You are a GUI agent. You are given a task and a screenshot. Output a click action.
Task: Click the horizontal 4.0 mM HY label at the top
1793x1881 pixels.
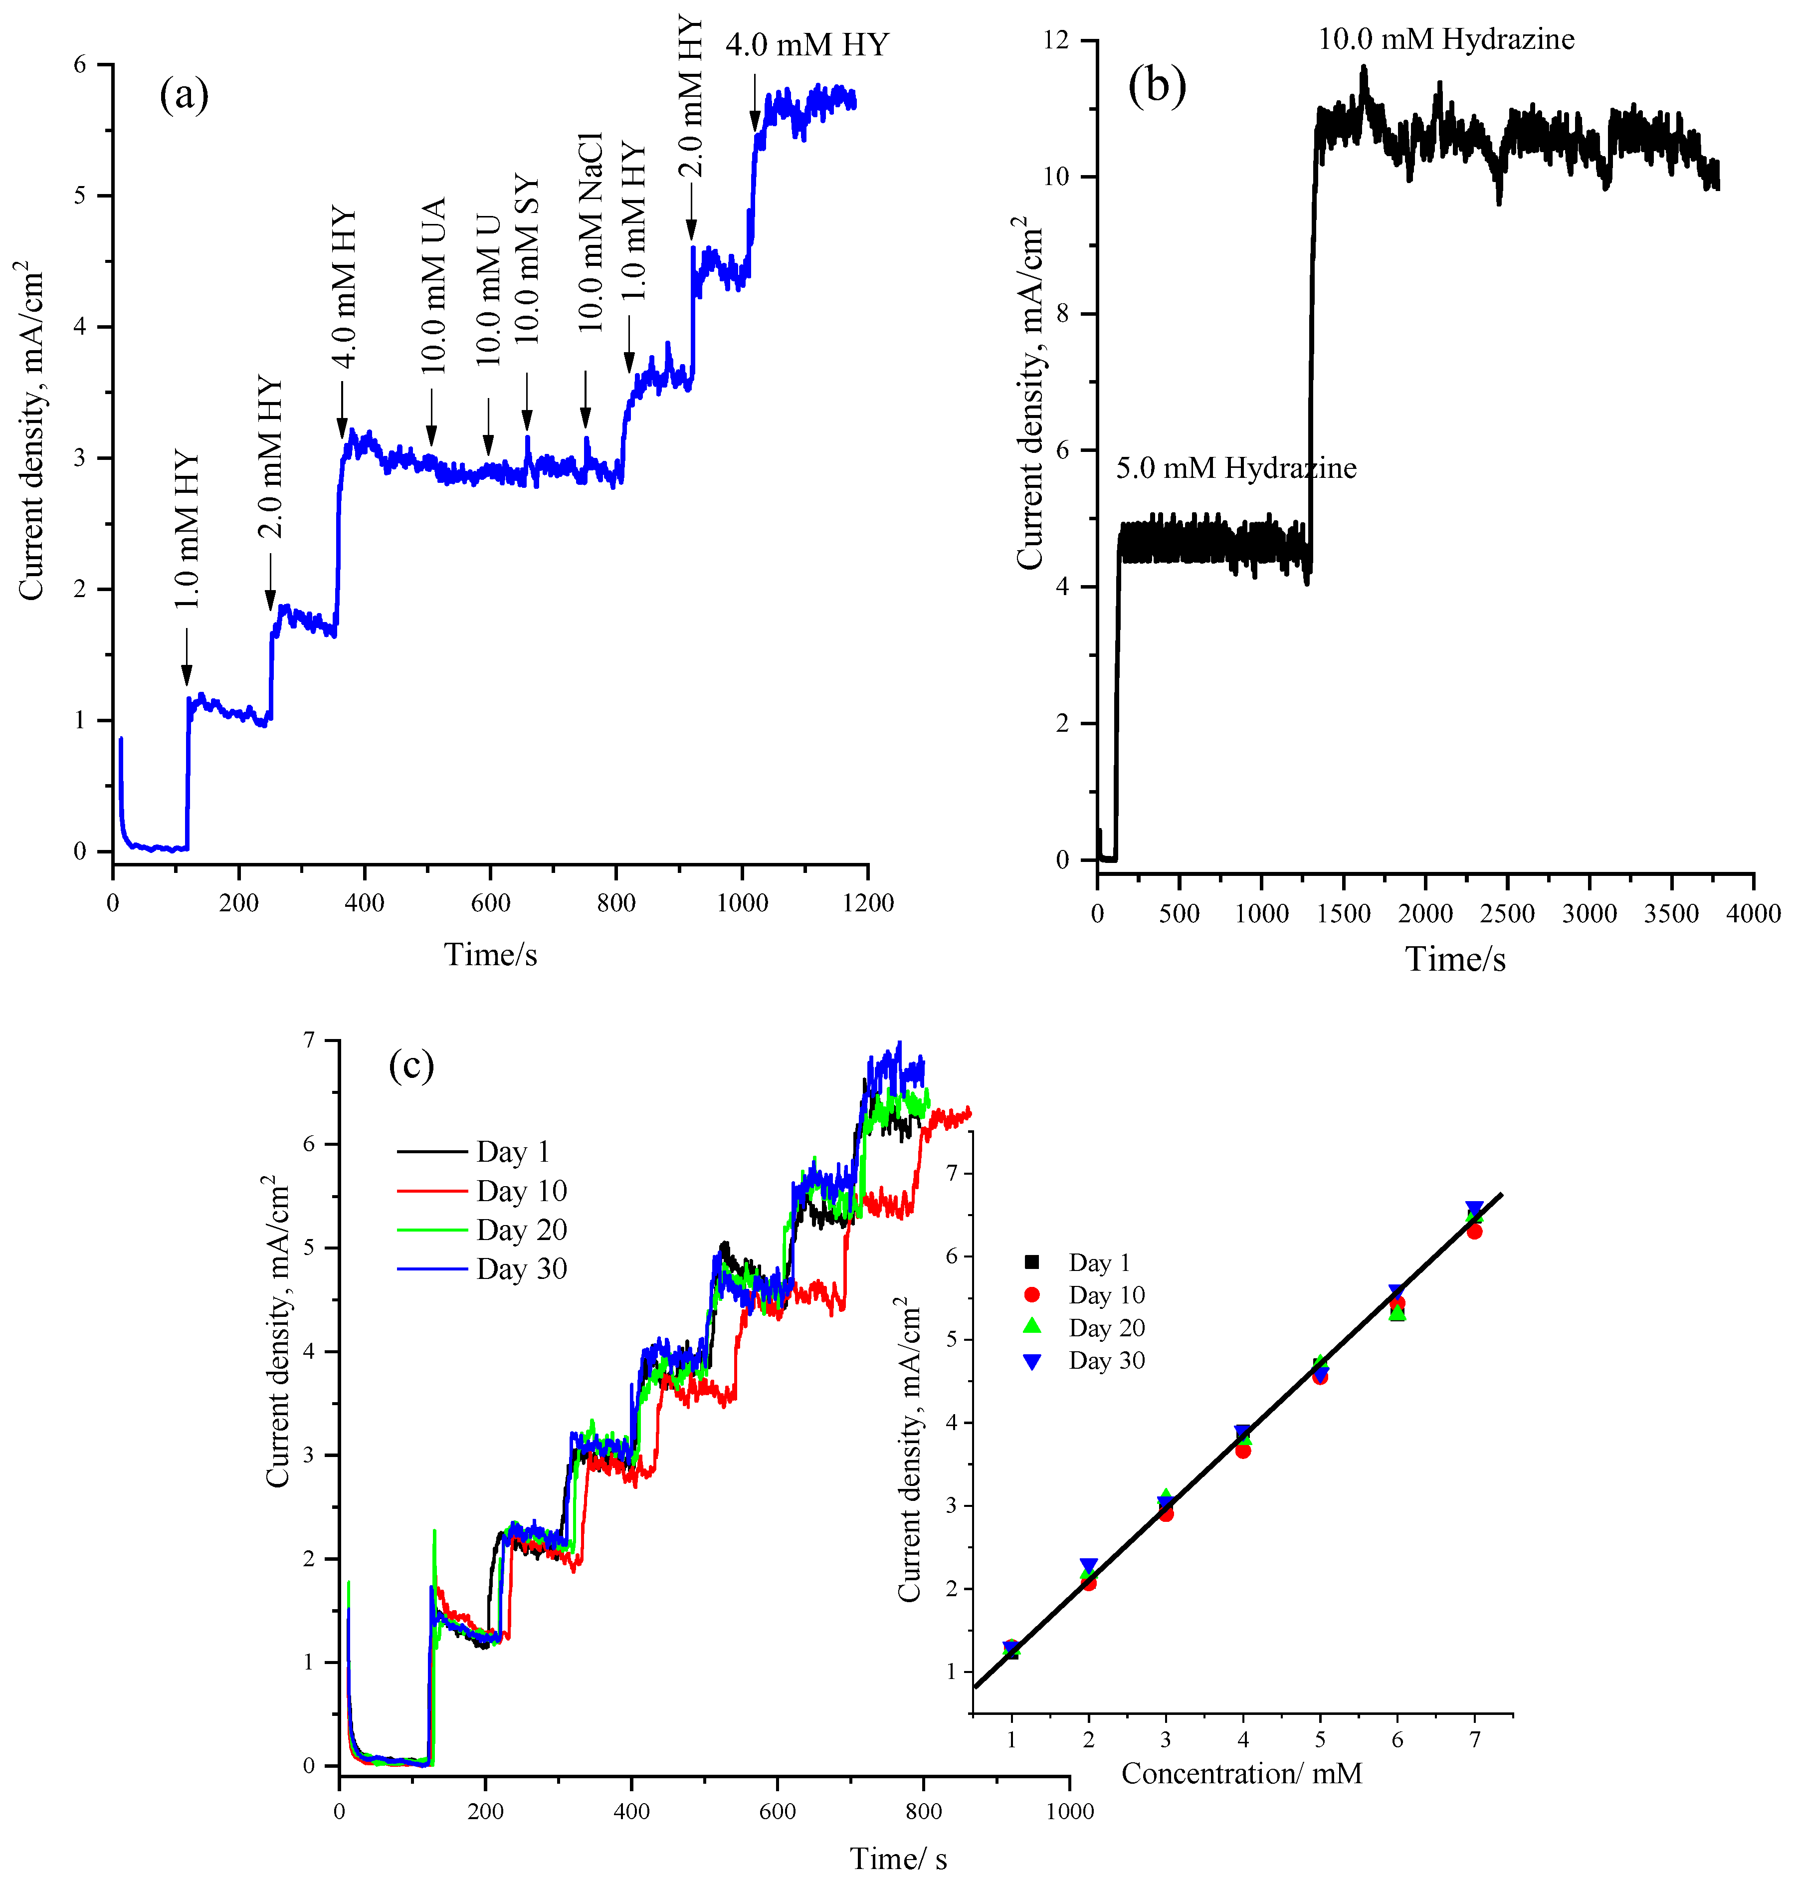pyautogui.click(x=806, y=45)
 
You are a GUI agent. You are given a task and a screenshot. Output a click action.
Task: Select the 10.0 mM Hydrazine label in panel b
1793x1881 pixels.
pyautogui.click(x=1446, y=39)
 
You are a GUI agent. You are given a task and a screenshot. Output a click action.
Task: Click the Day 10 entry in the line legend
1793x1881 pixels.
pyautogui.click(x=521, y=1191)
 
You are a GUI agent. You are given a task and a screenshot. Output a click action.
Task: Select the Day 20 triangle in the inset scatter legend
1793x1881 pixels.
pyautogui.click(x=1031, y=1327)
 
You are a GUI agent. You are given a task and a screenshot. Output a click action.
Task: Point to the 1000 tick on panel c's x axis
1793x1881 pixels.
pyautogui.click(x=1068, y=1810)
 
